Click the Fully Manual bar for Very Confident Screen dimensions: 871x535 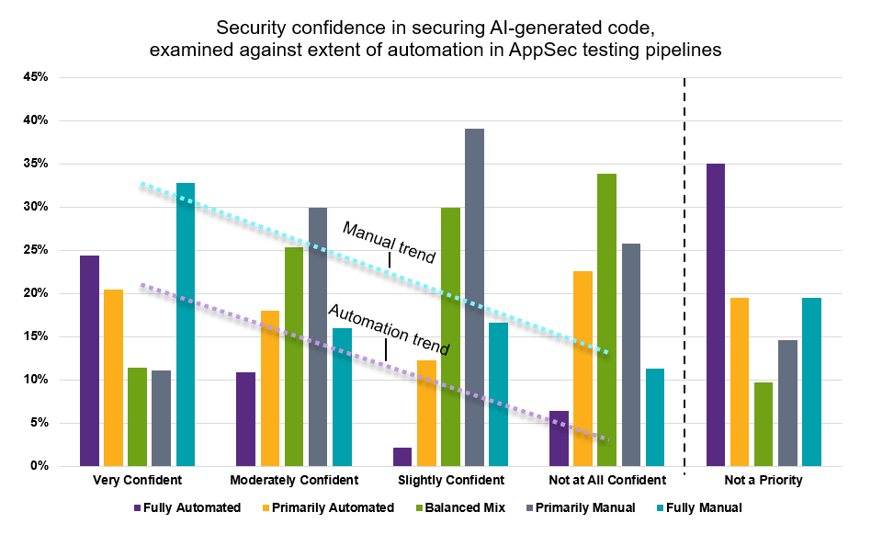coord(186,324)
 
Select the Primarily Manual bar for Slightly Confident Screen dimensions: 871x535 coord(474,297)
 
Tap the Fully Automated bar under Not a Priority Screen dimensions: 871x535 coord(716,315)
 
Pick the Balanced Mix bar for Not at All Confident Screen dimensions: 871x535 coord(607,320)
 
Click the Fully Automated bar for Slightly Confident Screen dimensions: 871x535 coord(402,457)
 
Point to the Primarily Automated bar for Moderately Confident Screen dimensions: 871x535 coord(270,388)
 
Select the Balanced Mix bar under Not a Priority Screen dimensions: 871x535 coord(764,425)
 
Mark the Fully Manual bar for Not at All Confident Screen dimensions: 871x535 coord(655,417)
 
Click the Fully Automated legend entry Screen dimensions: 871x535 coord(187,507)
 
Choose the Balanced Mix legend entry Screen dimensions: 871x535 coord(460,507)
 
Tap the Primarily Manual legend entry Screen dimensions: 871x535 coord(581,507)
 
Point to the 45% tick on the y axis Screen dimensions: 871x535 coord(36,77)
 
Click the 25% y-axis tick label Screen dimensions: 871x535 coord(36,250)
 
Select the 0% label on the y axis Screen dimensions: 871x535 coord(40,466)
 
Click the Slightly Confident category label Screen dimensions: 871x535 coord(451,480)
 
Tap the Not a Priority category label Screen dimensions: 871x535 coord(764,480)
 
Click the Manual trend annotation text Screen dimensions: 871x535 coord(389,243)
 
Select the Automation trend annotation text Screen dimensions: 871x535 coord(389,329)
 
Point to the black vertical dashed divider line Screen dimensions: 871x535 coord(684,276)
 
